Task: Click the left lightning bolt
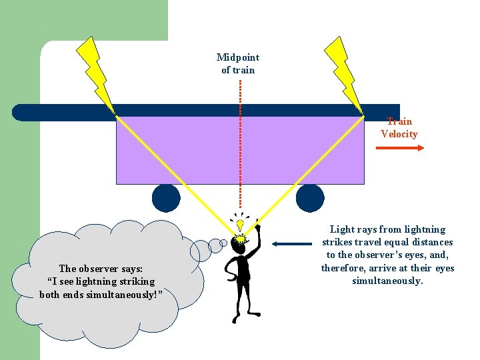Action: click(96, 73)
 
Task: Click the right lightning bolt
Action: click(343, 73)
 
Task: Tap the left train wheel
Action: click(166, 198)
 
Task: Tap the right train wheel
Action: click(310, 198)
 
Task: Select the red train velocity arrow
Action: click(400, 148)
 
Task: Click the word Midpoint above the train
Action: click(238, 57)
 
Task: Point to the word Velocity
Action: click(399, 134)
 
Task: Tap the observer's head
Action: click(239, 246)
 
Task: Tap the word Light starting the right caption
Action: click(343, 229)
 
